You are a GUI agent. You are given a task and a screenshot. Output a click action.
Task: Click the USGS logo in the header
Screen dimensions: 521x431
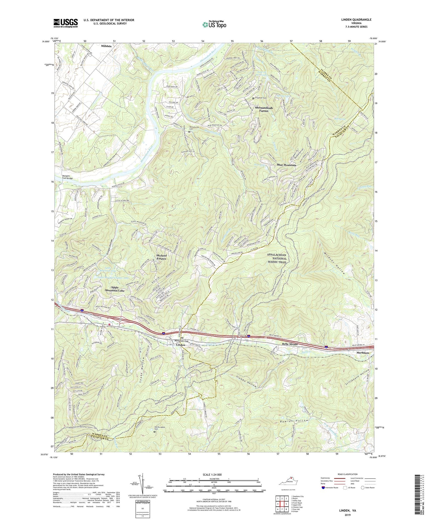click(66, 23)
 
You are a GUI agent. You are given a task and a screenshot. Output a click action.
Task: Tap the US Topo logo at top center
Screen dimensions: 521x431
click(214, 24)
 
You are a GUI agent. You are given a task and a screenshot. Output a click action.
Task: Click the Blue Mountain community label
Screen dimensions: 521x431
click(286, 165)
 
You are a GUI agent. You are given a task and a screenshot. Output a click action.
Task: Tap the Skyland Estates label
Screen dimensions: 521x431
click(166, 257)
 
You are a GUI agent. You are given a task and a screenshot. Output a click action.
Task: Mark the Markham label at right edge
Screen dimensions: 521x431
click(363, 353)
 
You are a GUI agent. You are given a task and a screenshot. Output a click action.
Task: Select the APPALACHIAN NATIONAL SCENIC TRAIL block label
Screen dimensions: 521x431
click(277, 258)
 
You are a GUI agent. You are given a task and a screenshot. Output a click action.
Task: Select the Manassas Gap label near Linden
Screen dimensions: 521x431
click(182, 341)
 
